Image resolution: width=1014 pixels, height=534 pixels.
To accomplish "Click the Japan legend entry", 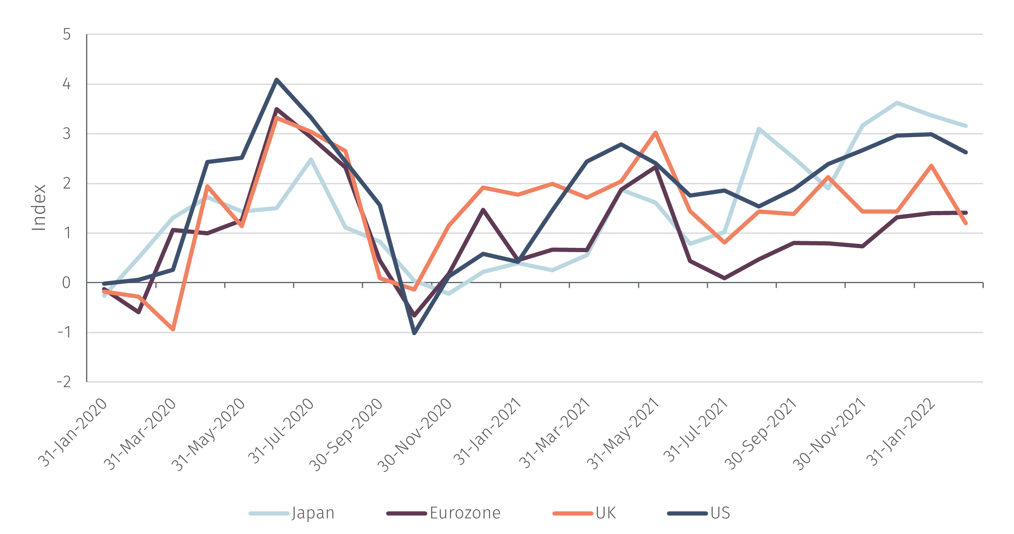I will click(x=313, y=513).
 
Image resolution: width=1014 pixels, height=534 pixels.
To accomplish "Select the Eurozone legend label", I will click(x=465, y=513).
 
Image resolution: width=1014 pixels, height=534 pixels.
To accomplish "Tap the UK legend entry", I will click(x=606, y=513).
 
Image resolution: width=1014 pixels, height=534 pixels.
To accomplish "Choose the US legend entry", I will click(x=720, y=513).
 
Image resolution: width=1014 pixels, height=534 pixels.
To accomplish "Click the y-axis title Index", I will click(x=39, y=208).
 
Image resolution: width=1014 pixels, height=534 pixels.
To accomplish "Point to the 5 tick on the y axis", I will click(x=67, y=34).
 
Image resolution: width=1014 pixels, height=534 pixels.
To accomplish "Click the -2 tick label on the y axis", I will click(x=64, y=382).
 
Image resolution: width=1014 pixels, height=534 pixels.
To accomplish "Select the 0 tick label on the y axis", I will click(x=66, y=283).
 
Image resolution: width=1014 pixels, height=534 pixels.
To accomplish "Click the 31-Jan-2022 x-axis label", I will click(x=901, y=432).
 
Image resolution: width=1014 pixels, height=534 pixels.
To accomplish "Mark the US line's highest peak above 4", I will click(x=276, y=79).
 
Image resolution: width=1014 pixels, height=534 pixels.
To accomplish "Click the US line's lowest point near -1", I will click(x=414, y=333).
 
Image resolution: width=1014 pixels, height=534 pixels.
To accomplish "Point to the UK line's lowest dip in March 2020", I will click(x=172, y=330).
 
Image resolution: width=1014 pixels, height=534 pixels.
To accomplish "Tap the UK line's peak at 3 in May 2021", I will click(x=655, y=133).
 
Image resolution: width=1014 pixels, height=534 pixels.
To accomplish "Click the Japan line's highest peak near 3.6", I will click(x=896, y=102).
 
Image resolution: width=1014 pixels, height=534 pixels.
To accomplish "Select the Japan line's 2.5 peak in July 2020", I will click(x=311, y=159).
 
